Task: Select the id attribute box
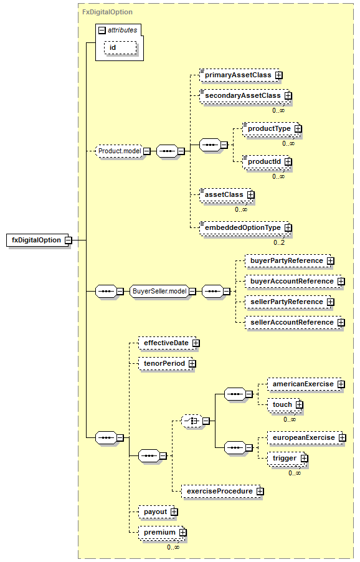[x=120, y=48]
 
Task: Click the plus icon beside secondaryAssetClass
[x=288, y=96]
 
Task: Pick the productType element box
[x=272, y=129]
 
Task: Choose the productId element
[x=267, y=162]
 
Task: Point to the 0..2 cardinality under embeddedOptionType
[x=279, y=242]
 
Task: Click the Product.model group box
[x=120, y=151]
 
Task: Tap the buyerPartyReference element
[x=289, y=261]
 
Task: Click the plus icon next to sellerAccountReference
[x=341, y=323]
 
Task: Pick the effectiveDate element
[x=169, y=343]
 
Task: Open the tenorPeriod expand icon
[x=192, y=364]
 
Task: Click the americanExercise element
[x=306, y=384]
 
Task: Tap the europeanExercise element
[x=306, y=438]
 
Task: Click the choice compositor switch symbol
[x=192, y=421]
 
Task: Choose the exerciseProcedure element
[x=222, y=492]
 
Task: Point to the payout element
[x=158, y=512]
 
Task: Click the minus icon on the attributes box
[x=102, y=31]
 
